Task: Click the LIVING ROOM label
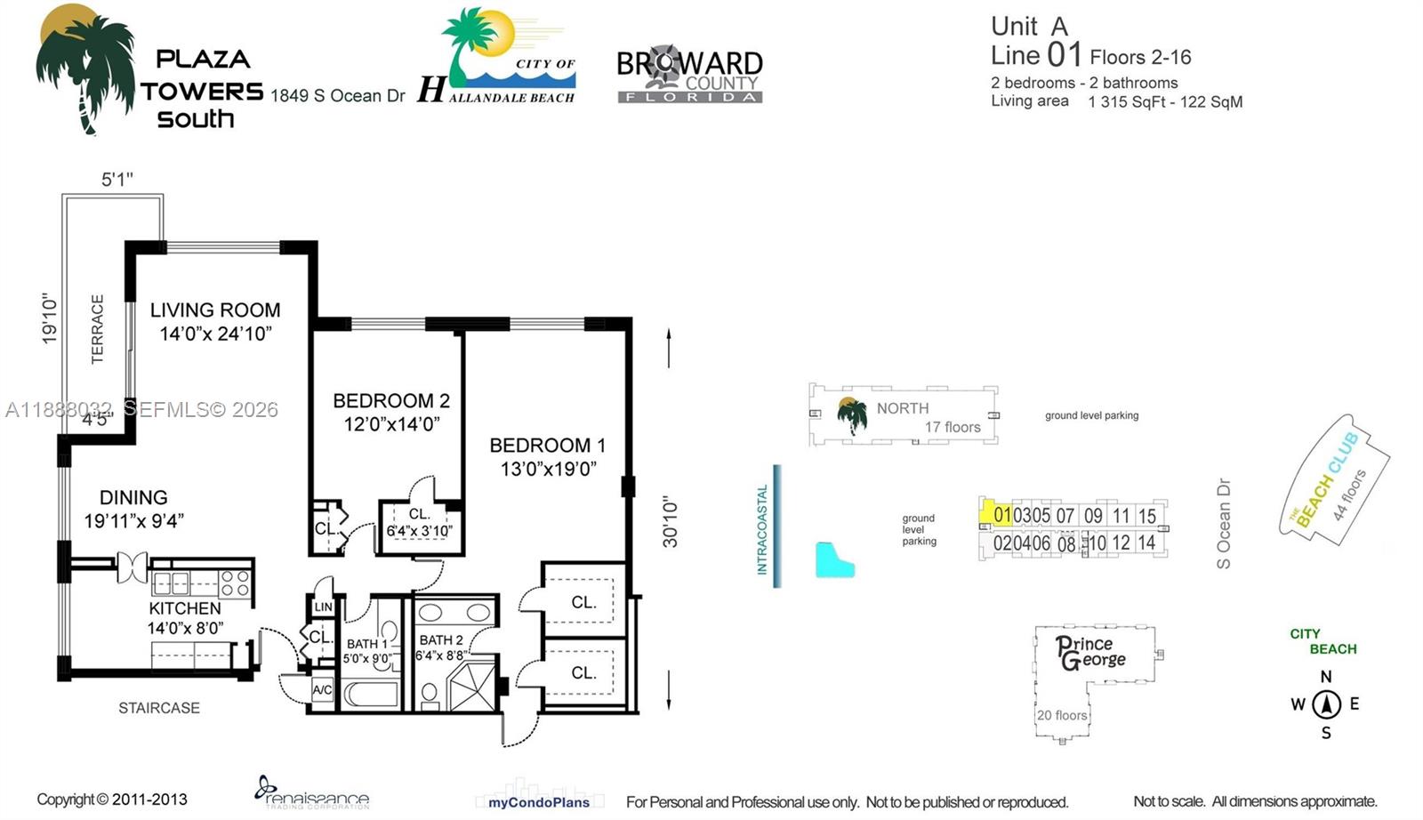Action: [x=214, y=310]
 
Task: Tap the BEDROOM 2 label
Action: [x=391, y=401]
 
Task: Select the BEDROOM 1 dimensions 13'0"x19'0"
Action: [x=548, y=469]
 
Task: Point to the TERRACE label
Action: [x=98, y=329]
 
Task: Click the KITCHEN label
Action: [x=185, y=608]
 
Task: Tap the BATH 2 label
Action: [x=441, y=640]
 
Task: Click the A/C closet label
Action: [x=322, y=690]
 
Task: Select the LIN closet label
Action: [x=323, y=607]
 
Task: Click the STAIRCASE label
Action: [x=159, y=708]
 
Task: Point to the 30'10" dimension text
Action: [x=671, y=522]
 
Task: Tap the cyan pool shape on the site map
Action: [x=834, y=560]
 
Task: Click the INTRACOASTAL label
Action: [x=762, y=529]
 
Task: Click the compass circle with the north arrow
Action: [x=1326, y=704]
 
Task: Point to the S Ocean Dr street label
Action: [x=1224, y=524]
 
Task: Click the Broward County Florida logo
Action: [x=689, y=75]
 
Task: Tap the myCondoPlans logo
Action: [x=538, y=802]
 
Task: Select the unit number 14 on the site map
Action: [x=1146, y=543]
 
